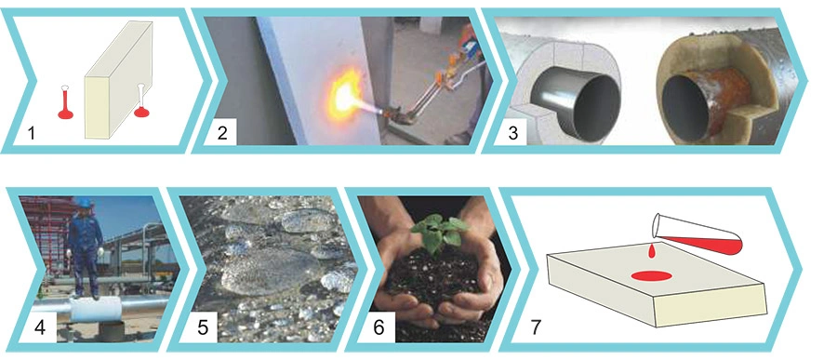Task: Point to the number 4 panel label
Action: [39, 327]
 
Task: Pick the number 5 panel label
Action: [203, 327]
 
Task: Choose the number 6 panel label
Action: [379, 327]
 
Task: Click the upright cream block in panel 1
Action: [118, 80]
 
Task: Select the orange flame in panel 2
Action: [342, 95]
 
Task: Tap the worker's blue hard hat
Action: [84, 203]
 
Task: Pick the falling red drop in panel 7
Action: [652, 251]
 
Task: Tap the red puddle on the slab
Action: [651, 275]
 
